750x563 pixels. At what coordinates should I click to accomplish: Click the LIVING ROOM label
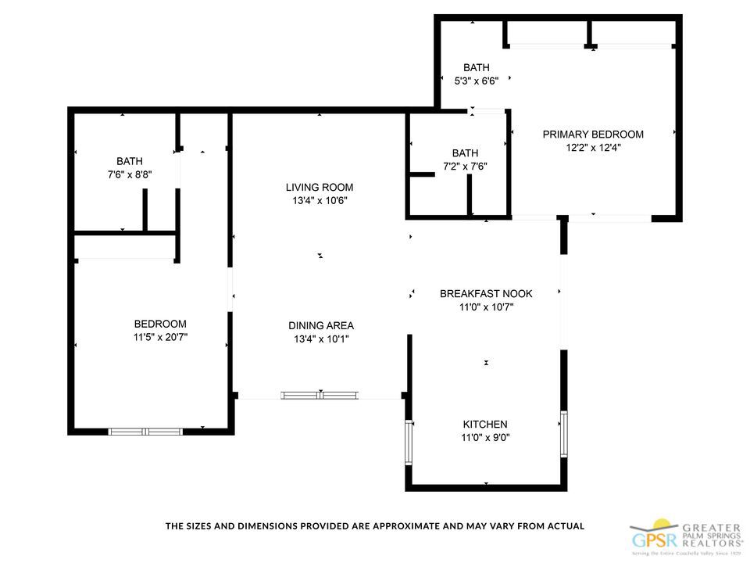click(319, 187)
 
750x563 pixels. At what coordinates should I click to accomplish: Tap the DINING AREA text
click(320, 325)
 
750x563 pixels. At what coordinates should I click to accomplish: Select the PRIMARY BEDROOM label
click(593, 134)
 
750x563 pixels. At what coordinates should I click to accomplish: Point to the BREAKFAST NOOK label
click(485, 293)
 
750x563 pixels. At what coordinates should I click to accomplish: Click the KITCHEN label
click(484, 424)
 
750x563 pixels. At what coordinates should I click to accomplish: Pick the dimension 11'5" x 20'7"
click(160, 338)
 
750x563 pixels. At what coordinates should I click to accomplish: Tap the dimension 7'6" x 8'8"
click(129, 175)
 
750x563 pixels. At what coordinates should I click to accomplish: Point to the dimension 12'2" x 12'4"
click(593, 148)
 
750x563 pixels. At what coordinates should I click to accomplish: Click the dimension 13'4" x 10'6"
click(319, 201)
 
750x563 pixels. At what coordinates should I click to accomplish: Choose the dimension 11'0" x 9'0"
click(484, 438)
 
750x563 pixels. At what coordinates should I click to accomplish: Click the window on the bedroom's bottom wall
click(145, 431)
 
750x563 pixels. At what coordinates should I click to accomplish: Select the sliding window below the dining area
click(320, 395)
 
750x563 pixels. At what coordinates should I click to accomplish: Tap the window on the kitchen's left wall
click(408, 442)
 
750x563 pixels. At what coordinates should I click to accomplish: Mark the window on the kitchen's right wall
click(563, 434)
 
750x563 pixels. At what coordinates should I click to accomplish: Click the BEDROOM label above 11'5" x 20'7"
click(160, 324)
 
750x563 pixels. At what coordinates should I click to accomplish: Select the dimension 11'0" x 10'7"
click(485, 307)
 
